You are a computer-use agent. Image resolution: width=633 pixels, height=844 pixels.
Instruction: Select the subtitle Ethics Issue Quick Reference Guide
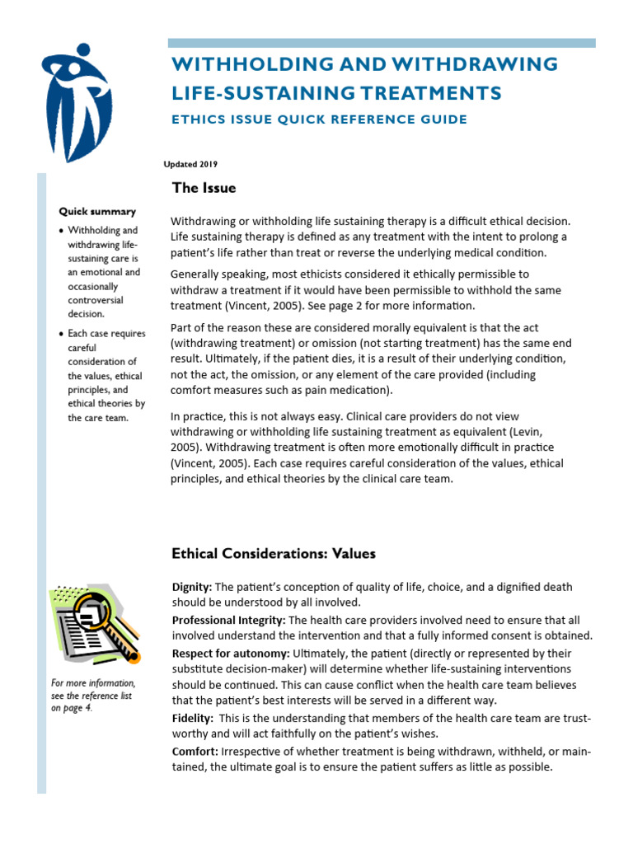pos(318,120)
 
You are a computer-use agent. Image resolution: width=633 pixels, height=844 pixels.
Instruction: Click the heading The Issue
pos(204,188)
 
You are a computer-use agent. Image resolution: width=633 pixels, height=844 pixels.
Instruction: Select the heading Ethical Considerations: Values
pos(273,554)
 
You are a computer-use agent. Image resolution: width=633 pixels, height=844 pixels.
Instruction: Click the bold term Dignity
pos(191,587)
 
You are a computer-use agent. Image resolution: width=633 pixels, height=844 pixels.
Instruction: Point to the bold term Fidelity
pos(191,719)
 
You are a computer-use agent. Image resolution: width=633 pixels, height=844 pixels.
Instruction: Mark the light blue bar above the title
pos(382,43)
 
